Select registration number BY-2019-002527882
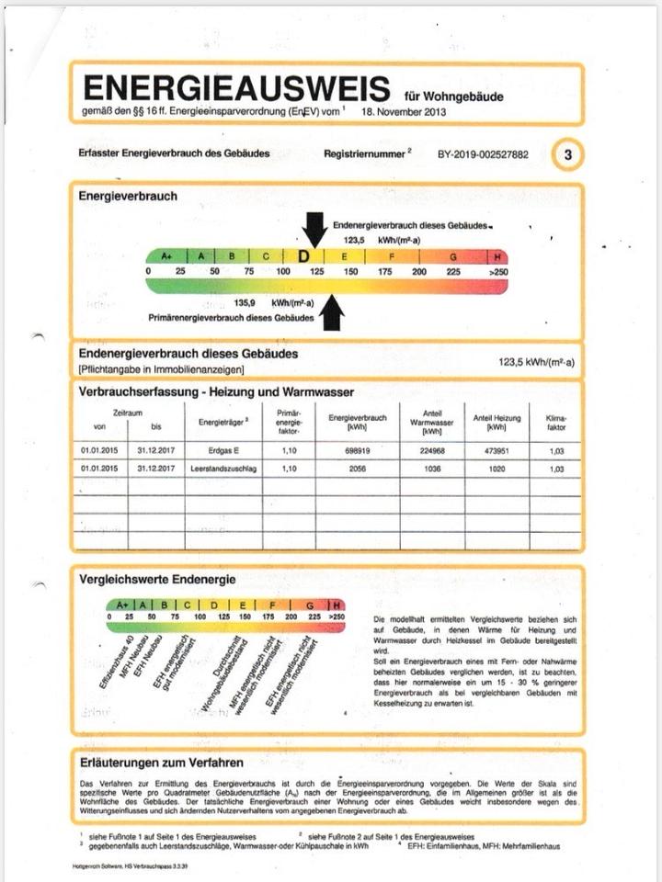tap(483, 154)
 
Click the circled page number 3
tap(567, 154)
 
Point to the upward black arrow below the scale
tap(332, 313)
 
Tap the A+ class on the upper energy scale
tap(166, 256)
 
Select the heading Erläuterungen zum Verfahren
tap(161, 762)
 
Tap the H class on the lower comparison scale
tap(337, 604)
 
